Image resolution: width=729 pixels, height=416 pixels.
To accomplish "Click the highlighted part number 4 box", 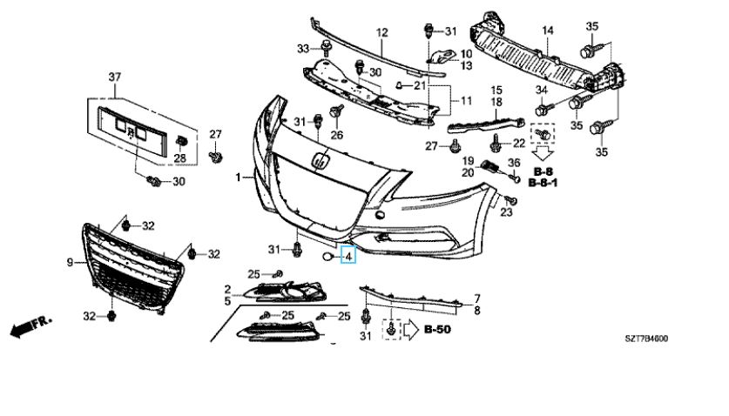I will (348, 257).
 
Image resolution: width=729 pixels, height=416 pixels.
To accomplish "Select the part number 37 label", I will (113, 78).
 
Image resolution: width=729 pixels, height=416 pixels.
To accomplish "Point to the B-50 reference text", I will (440, 330).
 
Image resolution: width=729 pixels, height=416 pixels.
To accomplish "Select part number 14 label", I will (547, 32).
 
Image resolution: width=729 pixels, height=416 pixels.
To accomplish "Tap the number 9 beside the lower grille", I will (70, 261).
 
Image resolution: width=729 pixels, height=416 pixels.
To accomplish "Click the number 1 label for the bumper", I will (238, 178).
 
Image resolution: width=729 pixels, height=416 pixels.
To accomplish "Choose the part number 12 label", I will (381, 33).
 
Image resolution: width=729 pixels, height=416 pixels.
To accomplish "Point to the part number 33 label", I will (303, 48).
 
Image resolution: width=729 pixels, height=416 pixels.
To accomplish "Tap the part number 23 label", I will (510, 211).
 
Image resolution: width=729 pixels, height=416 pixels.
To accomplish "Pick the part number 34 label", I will (541, 91).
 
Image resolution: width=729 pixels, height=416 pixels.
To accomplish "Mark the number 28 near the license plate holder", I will (180, 158).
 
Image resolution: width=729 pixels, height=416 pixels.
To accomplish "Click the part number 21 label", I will (420, 85).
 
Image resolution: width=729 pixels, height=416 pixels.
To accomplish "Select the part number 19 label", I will (467, 161).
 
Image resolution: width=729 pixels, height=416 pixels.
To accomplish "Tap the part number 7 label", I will (476, 299).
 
